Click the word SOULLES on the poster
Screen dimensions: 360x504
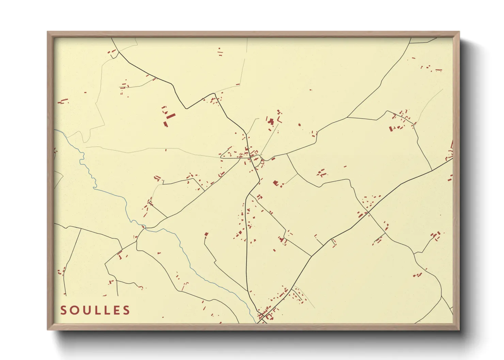coord(95,310)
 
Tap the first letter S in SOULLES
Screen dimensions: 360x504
coord(63,310)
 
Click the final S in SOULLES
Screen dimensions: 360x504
coord(127,310)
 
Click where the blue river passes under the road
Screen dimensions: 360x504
coord(144,227)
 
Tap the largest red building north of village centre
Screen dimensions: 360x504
coord(271,121)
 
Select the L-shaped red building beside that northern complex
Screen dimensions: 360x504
coord(280,120)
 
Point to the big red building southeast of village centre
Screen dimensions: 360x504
coord(275,183)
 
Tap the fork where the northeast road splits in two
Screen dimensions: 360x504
coord(347,118)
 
